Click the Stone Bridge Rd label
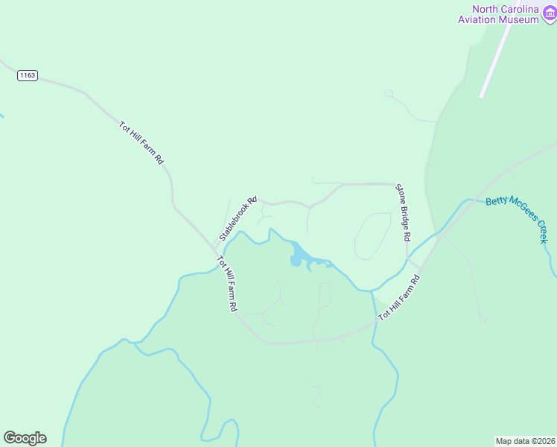click(403, 212)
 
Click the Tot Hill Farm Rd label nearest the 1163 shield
click(141, 143)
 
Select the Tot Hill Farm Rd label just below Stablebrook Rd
click(227, 284)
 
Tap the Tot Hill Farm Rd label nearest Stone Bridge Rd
click(400, 298)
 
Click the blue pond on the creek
click(298, 256)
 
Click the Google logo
click(25, 438)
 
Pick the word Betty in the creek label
click(495, 204)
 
